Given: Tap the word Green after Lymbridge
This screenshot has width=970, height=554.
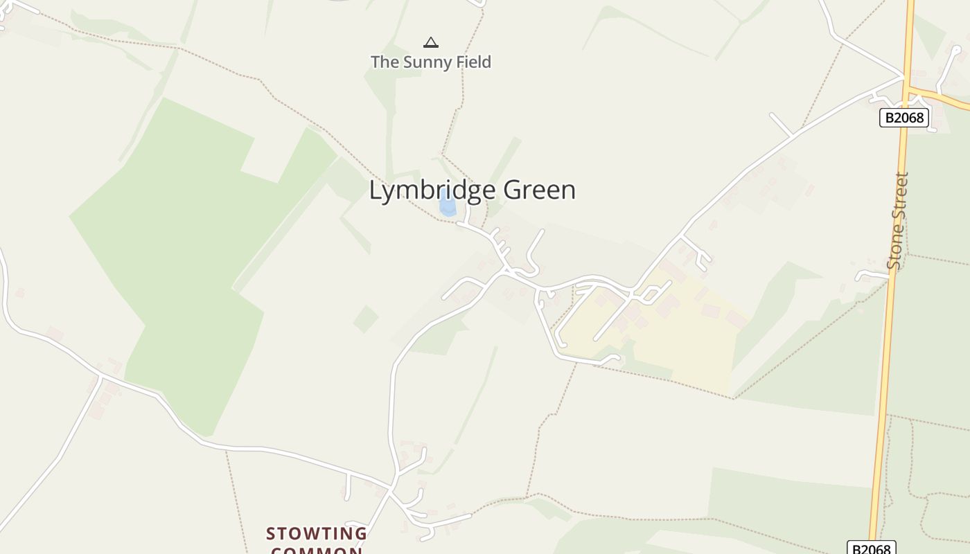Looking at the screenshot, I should [x=540, y=190].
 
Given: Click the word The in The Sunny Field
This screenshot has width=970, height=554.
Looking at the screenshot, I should [x=384, y=62].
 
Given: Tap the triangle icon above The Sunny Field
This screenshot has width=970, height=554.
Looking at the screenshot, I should [x=431, y=42].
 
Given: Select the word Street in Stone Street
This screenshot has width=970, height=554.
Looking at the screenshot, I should [x=901, y=195].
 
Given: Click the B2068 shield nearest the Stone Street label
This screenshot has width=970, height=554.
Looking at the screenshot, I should [x=904, y=118].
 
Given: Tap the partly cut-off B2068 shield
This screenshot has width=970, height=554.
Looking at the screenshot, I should [x=872, y=548].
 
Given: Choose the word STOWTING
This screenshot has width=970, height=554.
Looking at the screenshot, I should [x=317, y=534].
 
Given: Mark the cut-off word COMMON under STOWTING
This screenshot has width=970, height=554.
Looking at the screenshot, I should [x=317, y=551].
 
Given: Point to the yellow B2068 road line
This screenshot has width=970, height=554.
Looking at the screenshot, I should [x=887, y=346].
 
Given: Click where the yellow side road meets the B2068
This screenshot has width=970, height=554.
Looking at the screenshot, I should [x=908, y=89].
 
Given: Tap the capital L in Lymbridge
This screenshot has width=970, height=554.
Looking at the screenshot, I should [x=376, y=190].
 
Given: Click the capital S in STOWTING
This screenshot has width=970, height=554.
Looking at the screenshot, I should [x=272, y=534].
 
